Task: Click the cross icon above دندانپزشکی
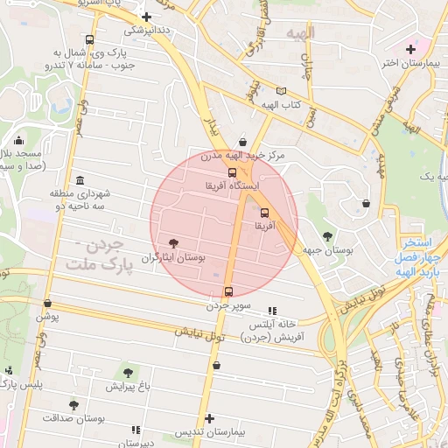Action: [146, 16]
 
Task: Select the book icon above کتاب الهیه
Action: [280, 91]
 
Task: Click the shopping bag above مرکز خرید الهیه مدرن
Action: [242, 142]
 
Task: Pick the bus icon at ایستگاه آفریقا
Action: [232, 172]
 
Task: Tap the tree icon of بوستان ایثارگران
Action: [173, 243]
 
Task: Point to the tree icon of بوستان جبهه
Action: [327, 236]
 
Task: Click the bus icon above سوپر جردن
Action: [229, 291]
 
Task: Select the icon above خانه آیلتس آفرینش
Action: [272, 310]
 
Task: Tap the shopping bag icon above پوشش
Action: [47, 303]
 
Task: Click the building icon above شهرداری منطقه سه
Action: [80, 178]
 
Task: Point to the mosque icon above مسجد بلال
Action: [18, 140]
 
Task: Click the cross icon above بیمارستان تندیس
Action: [210, 418]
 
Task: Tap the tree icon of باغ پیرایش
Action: [129, 373]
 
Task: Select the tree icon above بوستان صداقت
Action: [73, 405]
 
